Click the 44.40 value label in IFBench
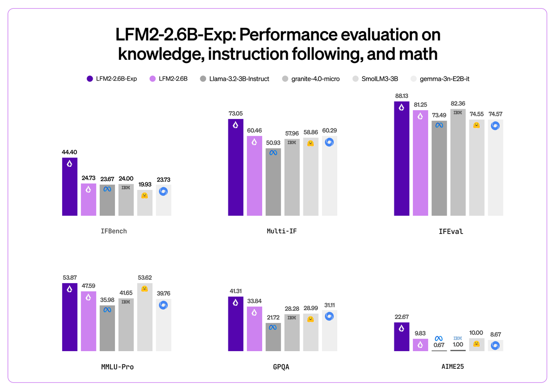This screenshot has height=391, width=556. pos(69,151)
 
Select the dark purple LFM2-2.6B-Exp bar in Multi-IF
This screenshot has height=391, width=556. pos(236,168)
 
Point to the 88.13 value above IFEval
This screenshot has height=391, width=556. pos(402,95)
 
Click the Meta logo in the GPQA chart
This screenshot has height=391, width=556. pos(273,328)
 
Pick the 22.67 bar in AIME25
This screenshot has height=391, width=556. pos(402,337)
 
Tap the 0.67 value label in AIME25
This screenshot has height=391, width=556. pos(439,345)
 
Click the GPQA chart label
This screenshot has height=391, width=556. pos(282,366)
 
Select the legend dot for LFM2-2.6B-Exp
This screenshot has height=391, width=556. pos(90,79)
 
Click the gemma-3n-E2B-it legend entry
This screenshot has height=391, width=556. pos(443,79)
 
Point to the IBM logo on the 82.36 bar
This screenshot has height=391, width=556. pos(458,112)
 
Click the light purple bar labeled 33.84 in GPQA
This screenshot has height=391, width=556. pos(254,329)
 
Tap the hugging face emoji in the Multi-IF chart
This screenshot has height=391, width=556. pos(311,143)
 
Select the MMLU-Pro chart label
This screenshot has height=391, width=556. pos(117,366)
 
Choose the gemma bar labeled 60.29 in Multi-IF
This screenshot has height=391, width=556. pos(329,176)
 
